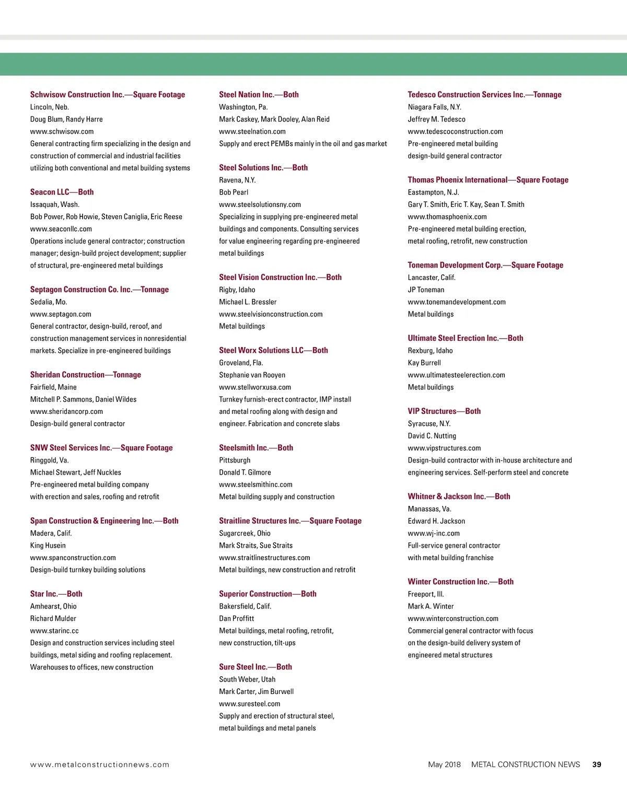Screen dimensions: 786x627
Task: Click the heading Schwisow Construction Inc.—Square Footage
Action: (x=108, y=95)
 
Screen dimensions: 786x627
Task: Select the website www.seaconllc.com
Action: (x=61, y=229)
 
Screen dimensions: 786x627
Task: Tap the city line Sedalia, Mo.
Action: (x=49, y=302)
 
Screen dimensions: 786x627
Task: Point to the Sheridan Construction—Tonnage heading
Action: (x=86, y=375)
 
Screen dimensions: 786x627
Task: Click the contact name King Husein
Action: (x=48, y=546)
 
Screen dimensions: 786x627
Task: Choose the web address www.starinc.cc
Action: (x=54, y=631)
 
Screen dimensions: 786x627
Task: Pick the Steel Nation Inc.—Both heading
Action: (x=259, y=95)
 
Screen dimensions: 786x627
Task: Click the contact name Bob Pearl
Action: (x=234, y=192)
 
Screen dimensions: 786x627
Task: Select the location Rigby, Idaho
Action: (x=237, y=290)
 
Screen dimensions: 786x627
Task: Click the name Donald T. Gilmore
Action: (x=245, y=472)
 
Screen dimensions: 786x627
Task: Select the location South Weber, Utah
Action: (x=247, y=679)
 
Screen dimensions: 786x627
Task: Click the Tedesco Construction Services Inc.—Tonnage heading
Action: (x=484, y=95)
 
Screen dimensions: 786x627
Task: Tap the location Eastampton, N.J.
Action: (x=433, y=192)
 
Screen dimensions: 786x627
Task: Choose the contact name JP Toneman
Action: (x=426, y=290)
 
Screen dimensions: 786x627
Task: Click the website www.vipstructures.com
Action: (x=444, y=448)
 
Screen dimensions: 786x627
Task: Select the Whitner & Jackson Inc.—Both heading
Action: (x=459, y=496)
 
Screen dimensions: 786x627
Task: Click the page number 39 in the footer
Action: (x=597, y=765)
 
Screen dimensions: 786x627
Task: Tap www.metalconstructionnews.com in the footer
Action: (x=100, y=765)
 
